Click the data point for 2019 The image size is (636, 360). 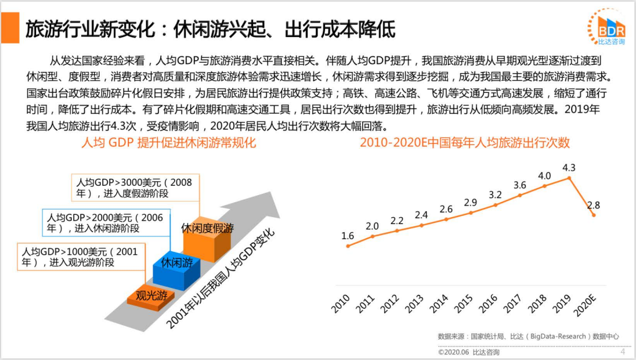[x=569, y=178]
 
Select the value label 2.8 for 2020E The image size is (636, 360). [x=594, y=205]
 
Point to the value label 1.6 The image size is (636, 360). [x=348, y=236]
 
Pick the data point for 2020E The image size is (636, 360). [x=593, y=215]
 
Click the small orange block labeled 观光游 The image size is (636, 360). [x=151, y=296]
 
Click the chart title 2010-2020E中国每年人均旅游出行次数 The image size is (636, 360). [x=464, y=142]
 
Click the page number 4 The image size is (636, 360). [x=623, y=351]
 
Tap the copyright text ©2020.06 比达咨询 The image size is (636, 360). [x=468, y=352]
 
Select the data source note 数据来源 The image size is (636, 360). [x=528, y=336]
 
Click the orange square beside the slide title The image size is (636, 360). [x=11, y=29]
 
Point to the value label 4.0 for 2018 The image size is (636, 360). [x=544, y=175]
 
